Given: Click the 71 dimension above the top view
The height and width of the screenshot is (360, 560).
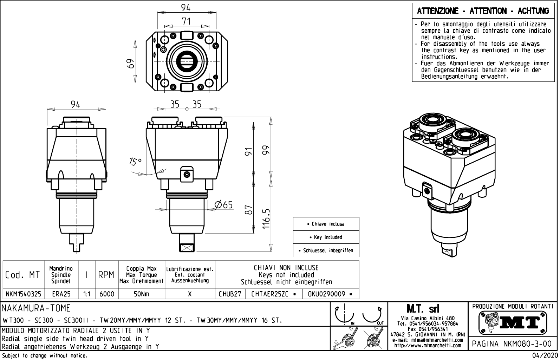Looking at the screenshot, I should [x=186, y=21].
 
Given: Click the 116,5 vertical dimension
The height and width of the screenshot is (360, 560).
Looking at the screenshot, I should [x=266, y=219].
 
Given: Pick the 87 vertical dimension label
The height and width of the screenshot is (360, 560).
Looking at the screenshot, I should [x=249, y=210].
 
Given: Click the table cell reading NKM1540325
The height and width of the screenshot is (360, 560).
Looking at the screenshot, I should [x=23, y=294].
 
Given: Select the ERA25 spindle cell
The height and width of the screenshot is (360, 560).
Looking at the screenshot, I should [x=61, y=294].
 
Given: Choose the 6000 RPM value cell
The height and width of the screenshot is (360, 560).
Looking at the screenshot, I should [x=106, y=294].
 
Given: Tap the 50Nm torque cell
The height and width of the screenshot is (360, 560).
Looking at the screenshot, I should [x=142, y=294].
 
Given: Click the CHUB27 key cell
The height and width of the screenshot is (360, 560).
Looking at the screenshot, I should [x=230, y=294].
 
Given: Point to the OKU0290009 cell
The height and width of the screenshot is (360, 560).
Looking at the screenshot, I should [x=330, y=294].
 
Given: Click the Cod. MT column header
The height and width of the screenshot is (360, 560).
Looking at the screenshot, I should [x=23, y=275].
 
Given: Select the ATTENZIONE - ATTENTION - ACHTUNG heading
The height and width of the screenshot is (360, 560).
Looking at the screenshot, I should [x=483, y=11].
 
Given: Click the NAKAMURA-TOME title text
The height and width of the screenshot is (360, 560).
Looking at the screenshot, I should [x=37, y=308].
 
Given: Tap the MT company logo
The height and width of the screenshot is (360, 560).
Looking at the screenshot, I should [x=513, y=322].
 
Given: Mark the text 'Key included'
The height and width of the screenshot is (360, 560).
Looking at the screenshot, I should [x=326, y=237].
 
